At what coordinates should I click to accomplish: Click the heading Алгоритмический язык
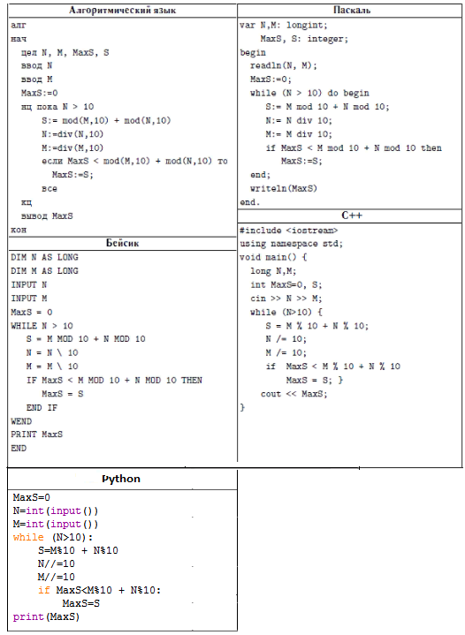pyautogui.click(x=122, y=10)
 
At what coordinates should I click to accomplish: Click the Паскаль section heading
pyautogui.click(x=352, y=10)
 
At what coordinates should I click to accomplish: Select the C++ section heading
pyautogui.click(x=352, y=215)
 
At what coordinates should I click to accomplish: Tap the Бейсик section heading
pyautogui.click(x=122, y=243)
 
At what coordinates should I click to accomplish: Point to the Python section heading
pyautogui.click(x=121, y=479)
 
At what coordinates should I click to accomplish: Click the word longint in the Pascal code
pyautogui.click(x=306, y=25)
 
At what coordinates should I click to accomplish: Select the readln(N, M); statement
pyautogui.click(x=284, y=65)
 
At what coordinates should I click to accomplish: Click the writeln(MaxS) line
pyautogui.click(x=284, y=188)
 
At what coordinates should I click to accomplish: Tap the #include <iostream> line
pyautogui.click(x=288, y=231)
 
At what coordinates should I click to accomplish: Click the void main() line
pyautogui.click(x=273, y=257)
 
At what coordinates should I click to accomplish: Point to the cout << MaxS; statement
pyautogui.click(x=293, y=394)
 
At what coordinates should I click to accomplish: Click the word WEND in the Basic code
pyautogui.click(x=21, y=421)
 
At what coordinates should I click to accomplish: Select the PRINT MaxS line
pyautogui.click(x=37, y=435)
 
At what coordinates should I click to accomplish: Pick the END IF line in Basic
pyautogui.click(x=42, y=407)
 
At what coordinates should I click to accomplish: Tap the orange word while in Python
pyautogui.click(x=28, y=537)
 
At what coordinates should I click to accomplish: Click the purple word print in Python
pyautogui.click(x=28, y=616)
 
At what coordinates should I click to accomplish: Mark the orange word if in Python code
pyautogui.click(x=43, y=590)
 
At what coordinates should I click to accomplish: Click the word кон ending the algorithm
pyautogui.click(x=19, y=230)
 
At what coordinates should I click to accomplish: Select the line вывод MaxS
pyautogui.click(x=47, y=215)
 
